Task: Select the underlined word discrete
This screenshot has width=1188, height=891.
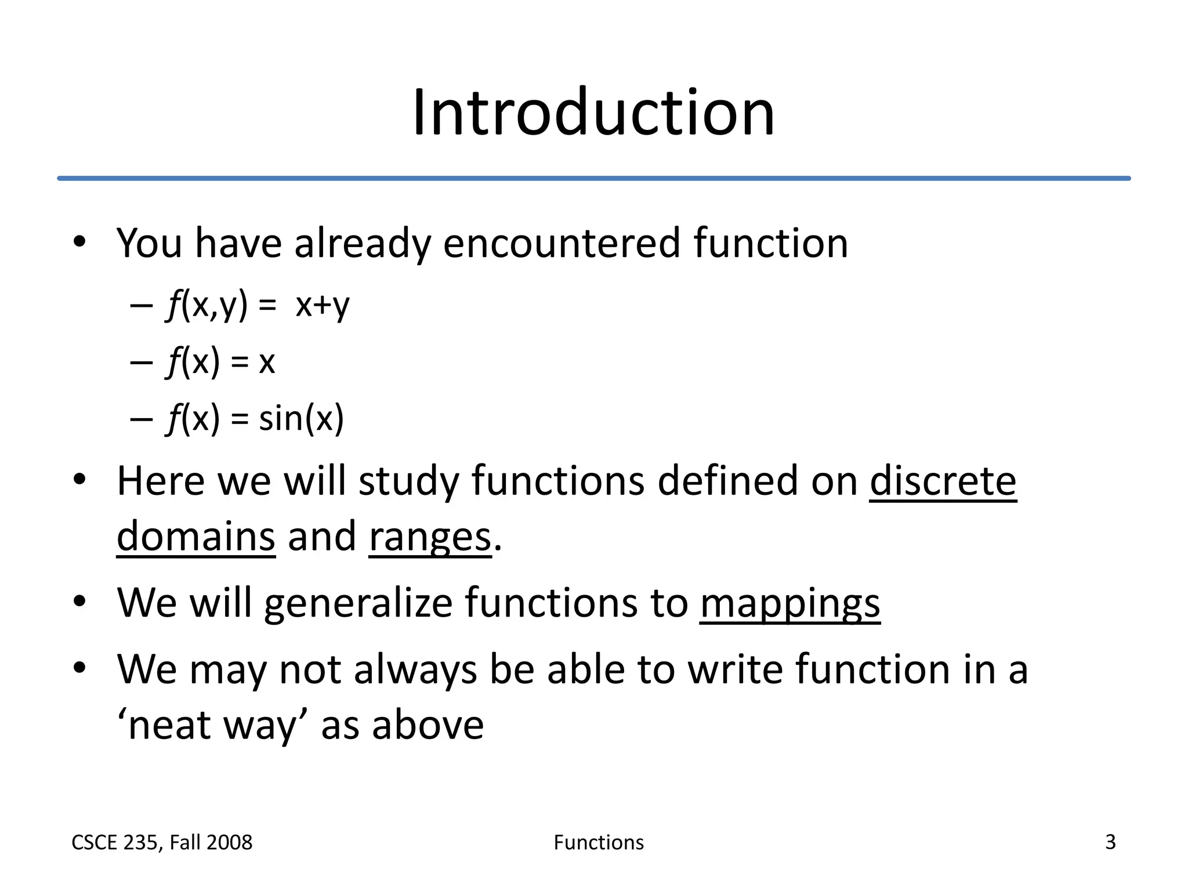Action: tap(943, 481)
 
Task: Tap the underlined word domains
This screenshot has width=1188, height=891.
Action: tap(196, 537)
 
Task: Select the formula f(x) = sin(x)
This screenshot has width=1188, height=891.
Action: tap(255, 418)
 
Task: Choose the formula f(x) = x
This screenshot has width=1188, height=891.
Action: tap(220, 362)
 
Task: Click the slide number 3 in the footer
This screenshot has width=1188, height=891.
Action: tap(1110, 842)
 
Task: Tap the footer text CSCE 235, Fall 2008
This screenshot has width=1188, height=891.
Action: tap(162, 842)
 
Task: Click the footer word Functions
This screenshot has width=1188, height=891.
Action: tap(598, 842)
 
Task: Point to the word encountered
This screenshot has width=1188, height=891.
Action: tap(562, 243)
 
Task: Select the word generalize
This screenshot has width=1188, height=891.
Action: tap(357, 603)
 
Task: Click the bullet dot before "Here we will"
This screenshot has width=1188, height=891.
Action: tap(79, 480)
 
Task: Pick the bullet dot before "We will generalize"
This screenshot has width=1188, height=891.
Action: tap(79, 602)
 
